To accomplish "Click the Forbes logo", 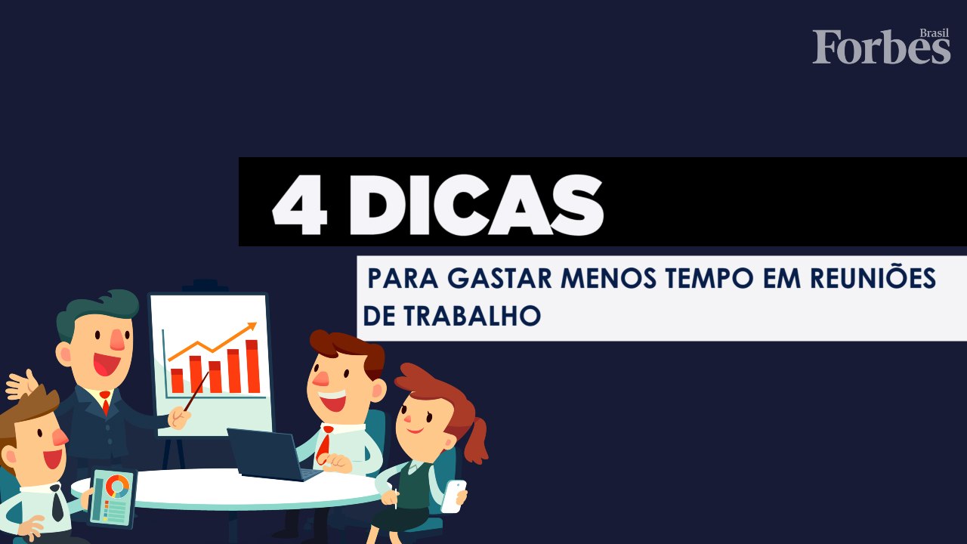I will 881,48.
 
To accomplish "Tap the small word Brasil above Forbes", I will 935,33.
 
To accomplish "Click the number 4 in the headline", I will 300,206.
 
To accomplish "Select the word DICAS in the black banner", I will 476,206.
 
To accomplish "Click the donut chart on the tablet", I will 116,486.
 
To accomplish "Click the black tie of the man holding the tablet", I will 57,503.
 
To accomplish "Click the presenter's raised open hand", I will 23,385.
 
